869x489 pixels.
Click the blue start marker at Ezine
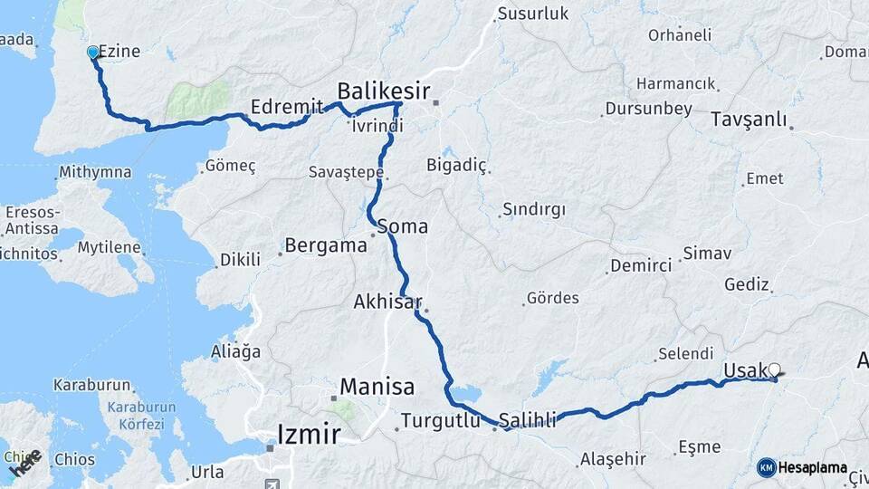point(92,53)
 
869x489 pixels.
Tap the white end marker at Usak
point(774,369)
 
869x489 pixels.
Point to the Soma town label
point(403,226)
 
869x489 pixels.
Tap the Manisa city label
point(377,388)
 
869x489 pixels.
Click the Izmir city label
point(309,434)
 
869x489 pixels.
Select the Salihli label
point(528,420)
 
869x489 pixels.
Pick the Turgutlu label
point(441,420)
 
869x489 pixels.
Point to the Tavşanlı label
point(748,120)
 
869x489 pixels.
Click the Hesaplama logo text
point(813,468)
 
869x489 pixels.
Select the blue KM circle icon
point(766,467)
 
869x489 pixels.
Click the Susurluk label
point(532,14)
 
